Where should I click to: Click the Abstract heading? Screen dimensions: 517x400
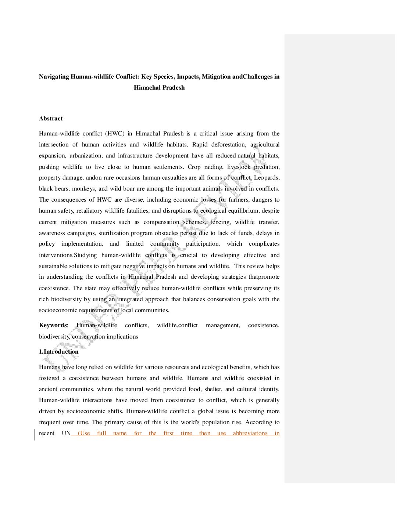(51, 119)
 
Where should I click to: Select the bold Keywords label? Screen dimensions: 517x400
(53, 325)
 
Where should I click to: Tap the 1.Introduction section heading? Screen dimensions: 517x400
(59, 352)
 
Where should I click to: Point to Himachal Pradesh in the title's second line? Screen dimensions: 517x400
(159, 88)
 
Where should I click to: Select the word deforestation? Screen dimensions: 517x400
(228, 145)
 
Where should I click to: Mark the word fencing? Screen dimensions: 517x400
(220, 222)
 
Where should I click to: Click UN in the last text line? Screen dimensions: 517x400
(66, 433)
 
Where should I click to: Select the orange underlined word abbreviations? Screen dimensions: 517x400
(250, 433)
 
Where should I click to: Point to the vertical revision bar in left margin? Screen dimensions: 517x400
(35, 435)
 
